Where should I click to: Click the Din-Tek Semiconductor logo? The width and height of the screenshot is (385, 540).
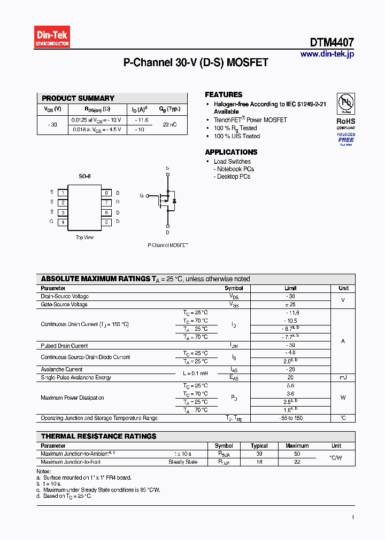click(x=52, y=37)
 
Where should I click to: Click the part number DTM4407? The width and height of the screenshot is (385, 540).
click(x=332, y=43)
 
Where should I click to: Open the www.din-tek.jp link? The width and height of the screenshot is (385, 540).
click(x=327, y=54)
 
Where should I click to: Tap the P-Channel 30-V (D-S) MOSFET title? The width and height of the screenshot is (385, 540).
click(x=196, y=62)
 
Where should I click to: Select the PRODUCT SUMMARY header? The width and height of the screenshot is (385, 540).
click(x=78, y=98)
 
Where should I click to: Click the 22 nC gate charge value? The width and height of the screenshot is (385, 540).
click(x=170, y=124)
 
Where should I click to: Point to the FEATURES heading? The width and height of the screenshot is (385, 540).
click(x=224, y=94)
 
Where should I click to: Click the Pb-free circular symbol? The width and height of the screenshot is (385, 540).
click(x=346, y=103)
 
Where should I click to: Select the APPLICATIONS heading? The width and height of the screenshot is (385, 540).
click(x=231, y=152)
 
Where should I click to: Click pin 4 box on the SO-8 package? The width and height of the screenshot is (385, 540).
click(x=63, y=222)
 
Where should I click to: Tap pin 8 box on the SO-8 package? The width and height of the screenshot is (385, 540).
click(x=106, y=193)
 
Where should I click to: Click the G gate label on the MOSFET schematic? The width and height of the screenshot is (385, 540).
click(x=142, y=196)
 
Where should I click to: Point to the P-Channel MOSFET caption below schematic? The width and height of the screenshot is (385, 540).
click(x=167, y=245)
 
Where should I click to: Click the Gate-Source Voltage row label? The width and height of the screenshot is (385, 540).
click(x=64, y=305)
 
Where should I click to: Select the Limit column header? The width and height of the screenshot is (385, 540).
click(x=290, y=288)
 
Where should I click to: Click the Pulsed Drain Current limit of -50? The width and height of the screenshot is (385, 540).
click(x=290, y=346)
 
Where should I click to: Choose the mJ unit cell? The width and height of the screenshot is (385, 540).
click(x=343, y=377)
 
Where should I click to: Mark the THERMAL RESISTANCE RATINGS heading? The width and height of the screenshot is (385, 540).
click(x=98, y=436)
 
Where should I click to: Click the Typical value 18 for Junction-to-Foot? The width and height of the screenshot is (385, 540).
click(x=259, y=462)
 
